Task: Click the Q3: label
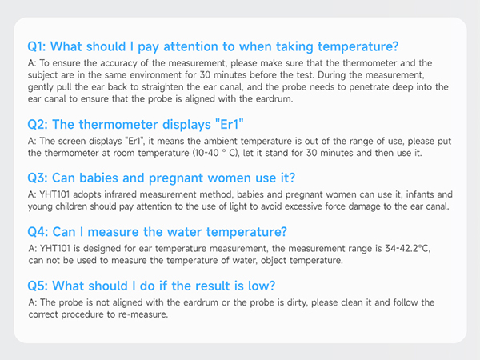tap(39, 178)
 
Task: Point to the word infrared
tap(122, 195)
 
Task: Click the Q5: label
tap(39, 286)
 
